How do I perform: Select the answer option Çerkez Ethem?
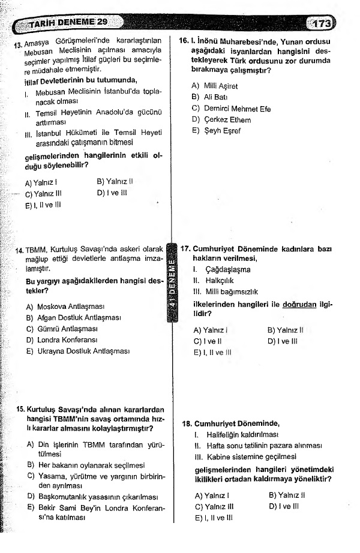point(221,120)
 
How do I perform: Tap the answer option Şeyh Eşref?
point(218,131)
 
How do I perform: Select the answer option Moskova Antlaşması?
point(70,306)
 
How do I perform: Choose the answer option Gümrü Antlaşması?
point(67,329)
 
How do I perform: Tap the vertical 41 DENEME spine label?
point(173,285)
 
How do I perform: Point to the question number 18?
point(187,423)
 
